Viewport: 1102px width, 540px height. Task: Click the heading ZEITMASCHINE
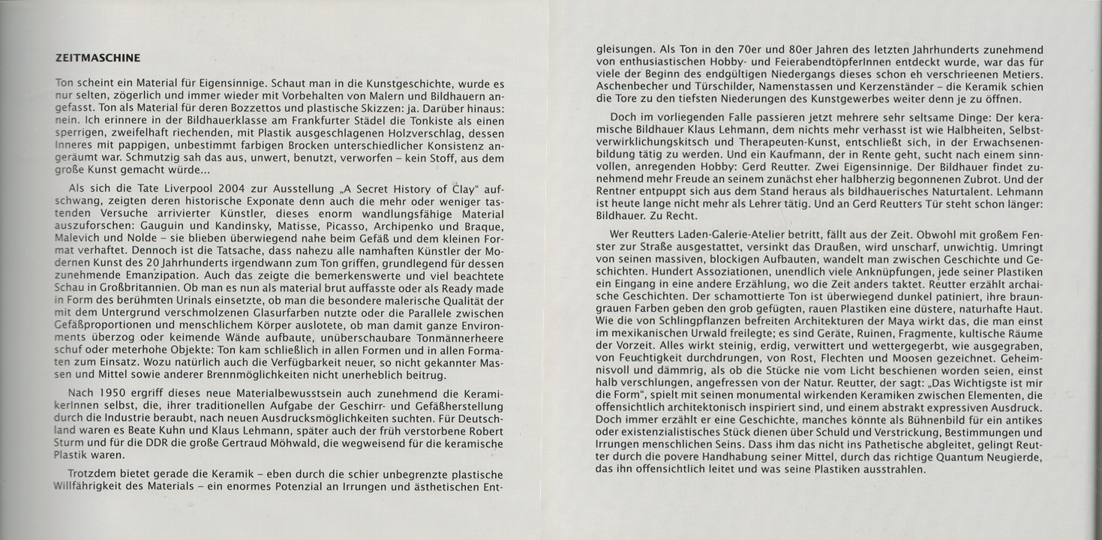98,57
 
